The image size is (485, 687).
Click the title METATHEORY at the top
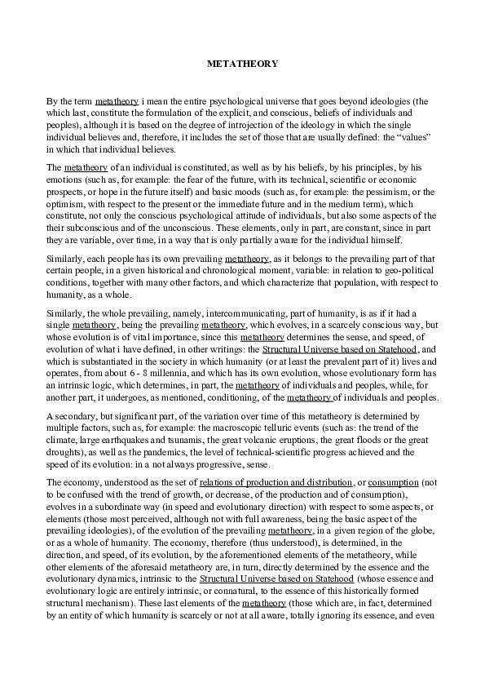click(242, 62)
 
